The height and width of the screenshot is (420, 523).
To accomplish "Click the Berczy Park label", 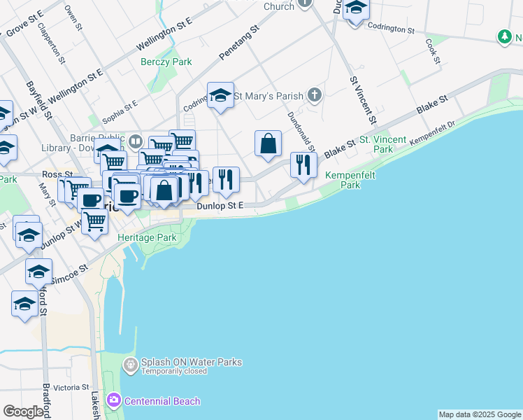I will point(165,62).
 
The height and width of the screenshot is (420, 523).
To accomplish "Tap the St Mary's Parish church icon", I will point(315,94).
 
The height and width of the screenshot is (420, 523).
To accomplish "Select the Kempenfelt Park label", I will point(342,181).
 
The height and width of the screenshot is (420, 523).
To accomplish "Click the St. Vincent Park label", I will point(382,144).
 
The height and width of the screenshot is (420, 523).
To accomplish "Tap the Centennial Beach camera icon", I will point(113,401).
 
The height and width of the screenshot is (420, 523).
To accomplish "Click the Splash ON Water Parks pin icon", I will point(130,365).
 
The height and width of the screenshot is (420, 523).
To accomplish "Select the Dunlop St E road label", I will point(220,206).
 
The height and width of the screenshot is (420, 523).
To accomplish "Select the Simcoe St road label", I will point(69,273).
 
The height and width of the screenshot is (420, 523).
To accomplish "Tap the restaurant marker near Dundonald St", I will point(303,165).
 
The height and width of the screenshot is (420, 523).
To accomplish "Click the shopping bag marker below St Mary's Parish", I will point(268,143).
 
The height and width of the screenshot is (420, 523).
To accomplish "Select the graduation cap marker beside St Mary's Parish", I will point(220,96).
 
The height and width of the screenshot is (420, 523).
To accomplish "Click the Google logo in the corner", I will point(23,412).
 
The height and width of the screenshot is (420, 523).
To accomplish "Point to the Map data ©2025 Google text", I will point(480,414).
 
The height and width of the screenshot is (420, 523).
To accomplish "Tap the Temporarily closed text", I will point(173,371).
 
